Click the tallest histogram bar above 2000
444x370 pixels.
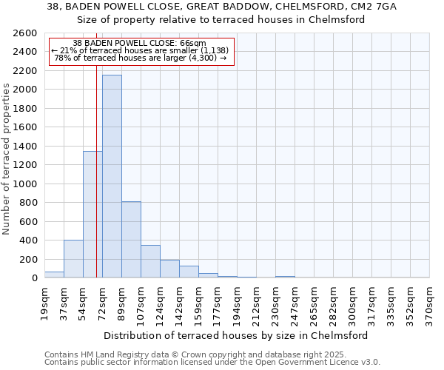pos(112,176)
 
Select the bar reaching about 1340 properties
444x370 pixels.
pos(92,215)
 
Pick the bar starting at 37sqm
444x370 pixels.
pos(73,259)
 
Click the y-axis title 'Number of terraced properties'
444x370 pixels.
pos(7,159)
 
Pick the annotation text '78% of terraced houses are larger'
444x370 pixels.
pos(141,58)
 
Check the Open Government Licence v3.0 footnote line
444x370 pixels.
pos(212,362)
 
